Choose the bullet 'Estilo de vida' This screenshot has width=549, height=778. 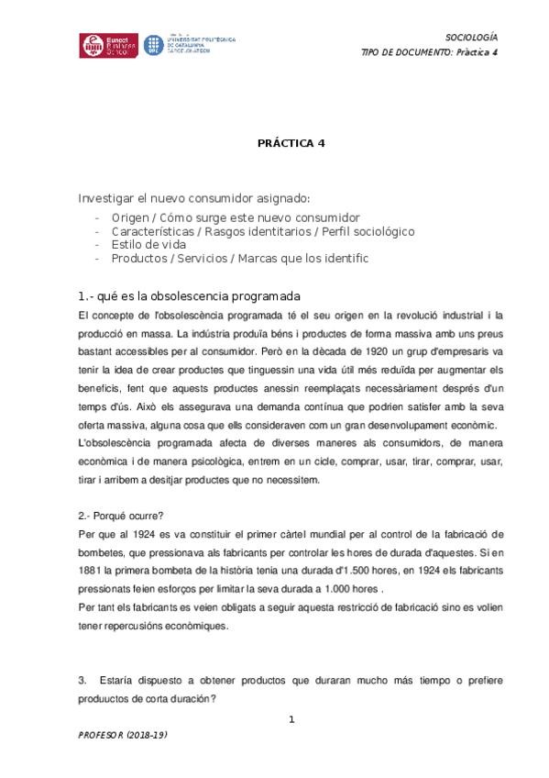click(x=148, y=244)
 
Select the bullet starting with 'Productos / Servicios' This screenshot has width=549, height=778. click(x=239, y=258)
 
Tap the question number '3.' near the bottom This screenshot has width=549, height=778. click(x=83, y=679)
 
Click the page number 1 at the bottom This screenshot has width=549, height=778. click(x=291, y=719)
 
